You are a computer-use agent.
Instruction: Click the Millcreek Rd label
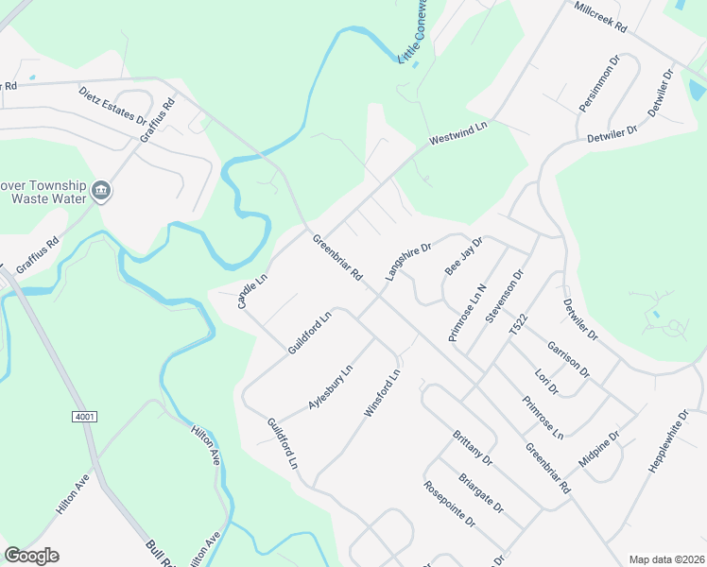600,17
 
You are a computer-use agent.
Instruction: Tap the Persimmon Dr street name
599,84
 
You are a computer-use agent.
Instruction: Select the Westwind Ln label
457,132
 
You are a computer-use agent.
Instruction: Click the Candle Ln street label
252,290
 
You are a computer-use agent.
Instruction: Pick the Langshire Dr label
407,262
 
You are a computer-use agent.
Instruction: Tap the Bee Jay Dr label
463,256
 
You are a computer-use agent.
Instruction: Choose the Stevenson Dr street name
504,297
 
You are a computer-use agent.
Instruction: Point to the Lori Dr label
547,382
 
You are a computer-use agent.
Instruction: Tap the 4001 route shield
83,417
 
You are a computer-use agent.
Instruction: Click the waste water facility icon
101,192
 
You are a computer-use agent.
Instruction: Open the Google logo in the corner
31,556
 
